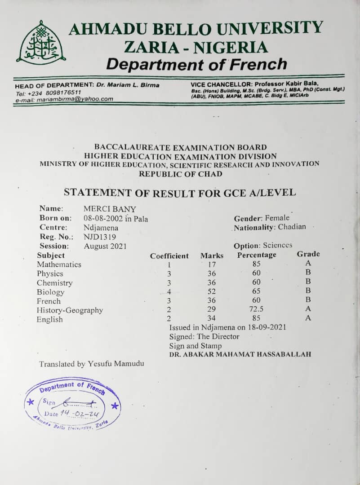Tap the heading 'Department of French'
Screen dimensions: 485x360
click(x=196, y=64)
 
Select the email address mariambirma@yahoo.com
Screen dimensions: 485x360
click(x=72, y=99)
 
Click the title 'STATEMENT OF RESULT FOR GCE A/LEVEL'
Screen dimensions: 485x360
click(x=180, y=193)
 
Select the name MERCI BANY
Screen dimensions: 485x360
click(x=110, y=209)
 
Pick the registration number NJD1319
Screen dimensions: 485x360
click(x=100, y=237)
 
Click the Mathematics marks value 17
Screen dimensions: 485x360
click(x=212, y=265)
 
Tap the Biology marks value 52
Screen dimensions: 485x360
click(x=212, y=292)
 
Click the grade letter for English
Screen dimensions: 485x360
click(x=308, y=318)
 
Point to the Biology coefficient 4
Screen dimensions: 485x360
click(x=169, y=292)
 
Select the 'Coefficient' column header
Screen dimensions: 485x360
click(x=169, y=256)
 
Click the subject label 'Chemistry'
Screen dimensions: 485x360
click(x=54, y=283)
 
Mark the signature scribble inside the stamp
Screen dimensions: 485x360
click(x=79, y=402)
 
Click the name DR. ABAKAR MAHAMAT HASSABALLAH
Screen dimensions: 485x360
click(x=240, y=355)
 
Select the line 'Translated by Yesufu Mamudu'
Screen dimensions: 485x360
click(x=92, y=364)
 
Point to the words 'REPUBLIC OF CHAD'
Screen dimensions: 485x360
click(x=180, y=174)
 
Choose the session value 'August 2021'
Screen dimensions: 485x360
click(x=105, y=246)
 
